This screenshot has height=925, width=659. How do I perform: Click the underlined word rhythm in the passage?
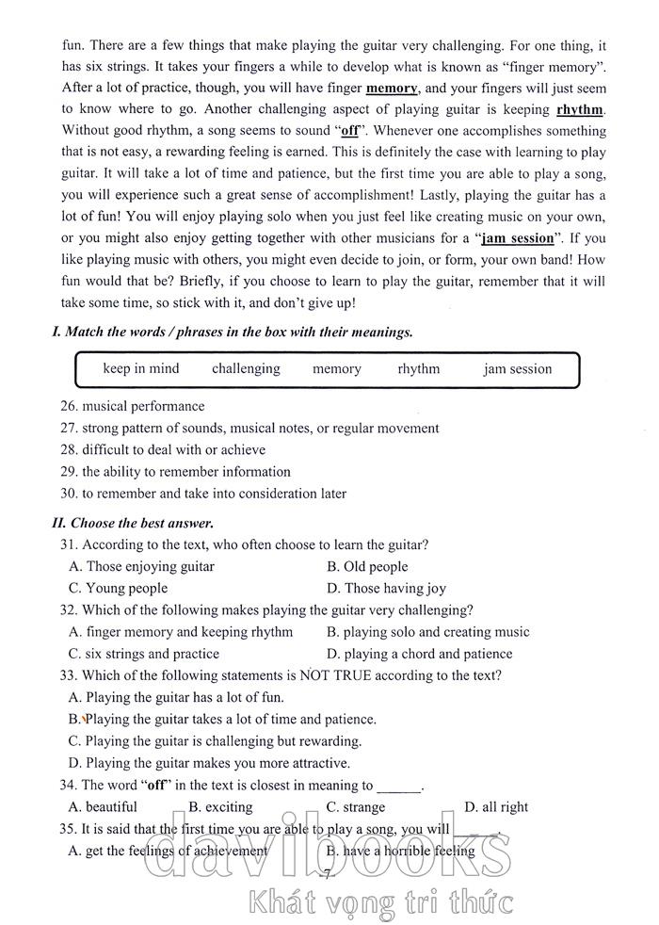(579, 109)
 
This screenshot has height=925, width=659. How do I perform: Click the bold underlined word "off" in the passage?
(349, 131)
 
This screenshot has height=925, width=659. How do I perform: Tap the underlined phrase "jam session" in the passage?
(517, 238)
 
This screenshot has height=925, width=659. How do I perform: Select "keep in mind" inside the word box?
(140, 368)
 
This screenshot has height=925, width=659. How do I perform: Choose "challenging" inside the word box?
(246, 368)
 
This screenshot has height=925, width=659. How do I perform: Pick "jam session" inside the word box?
(518, 368)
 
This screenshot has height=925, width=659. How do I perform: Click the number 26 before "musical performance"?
(67, 406)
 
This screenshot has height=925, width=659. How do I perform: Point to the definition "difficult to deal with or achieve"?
(173, 449)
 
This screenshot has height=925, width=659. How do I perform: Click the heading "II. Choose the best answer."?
(133, 523)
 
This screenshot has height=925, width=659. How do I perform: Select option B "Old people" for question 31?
(367, 566)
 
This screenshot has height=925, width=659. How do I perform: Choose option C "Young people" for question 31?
(118, 588)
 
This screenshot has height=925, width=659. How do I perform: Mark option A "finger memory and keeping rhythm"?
(182, 632)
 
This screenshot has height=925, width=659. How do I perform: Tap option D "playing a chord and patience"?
(420, 654)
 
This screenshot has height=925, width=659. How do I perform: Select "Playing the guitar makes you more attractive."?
(209, 763)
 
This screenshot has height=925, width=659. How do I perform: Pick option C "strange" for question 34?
(356, 806)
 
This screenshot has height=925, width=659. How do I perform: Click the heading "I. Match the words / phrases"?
(232, 332)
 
